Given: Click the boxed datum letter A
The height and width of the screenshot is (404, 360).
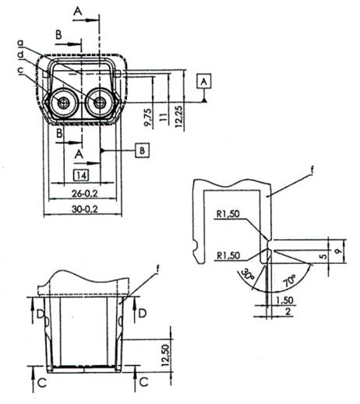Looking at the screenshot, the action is tap(204, 81).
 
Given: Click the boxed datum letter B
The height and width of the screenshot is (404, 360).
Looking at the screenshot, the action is tap(142, 150).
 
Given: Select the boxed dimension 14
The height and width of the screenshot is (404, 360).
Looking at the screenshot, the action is tap(81, 175).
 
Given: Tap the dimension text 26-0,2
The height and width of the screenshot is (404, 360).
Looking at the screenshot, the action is tap(85, 193).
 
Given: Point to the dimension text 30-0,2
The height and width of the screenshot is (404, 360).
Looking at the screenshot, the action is tap(85, 209).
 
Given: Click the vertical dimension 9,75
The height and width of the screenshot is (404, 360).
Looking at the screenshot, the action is tap(148, 117).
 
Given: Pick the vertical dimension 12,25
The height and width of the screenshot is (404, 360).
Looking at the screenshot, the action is tap(179, 116).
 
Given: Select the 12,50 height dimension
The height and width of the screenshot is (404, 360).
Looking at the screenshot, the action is tap(165, 355).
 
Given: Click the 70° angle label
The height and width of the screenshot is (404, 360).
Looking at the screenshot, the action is tap(289, 281).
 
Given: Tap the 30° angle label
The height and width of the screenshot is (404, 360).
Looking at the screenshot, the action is tap(248, 275).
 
